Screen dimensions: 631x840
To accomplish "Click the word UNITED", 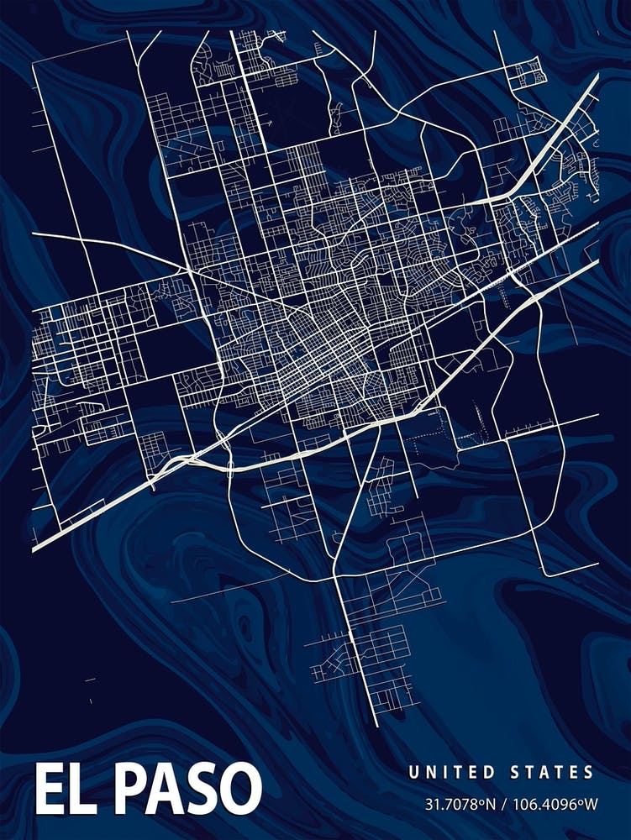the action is point(450,772).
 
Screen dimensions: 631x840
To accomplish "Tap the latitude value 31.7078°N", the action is point(459,804).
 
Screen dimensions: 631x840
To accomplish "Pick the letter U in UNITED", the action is point(413,772).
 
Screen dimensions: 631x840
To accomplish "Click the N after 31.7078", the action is point(492,804).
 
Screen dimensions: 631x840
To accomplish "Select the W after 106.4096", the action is point(592,804).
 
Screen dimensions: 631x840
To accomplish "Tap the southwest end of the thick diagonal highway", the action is point(34,549).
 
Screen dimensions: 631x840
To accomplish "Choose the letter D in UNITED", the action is point(485,772).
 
